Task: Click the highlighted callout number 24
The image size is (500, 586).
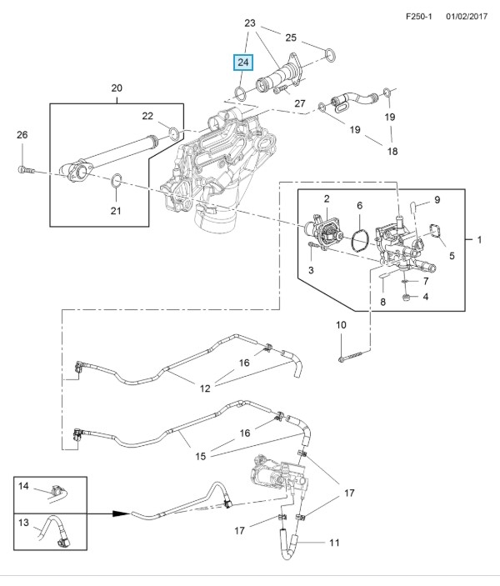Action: pyautogui.click(x=242, y=63)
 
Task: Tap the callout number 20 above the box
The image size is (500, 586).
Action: pyautogui.click(x=116, y=88)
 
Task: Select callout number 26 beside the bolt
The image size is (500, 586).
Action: pyautogui.click(x=22, y=135)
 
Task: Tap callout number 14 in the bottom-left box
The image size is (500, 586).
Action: pyautogui.click(x=23, y=485)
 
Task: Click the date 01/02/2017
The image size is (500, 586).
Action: pyautogui.click(x=465, y=16)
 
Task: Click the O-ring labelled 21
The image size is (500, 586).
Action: pyautogui.click(x=117, y=179)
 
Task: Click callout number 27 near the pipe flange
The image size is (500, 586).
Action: pyautogui.click(x=300, y=104)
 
